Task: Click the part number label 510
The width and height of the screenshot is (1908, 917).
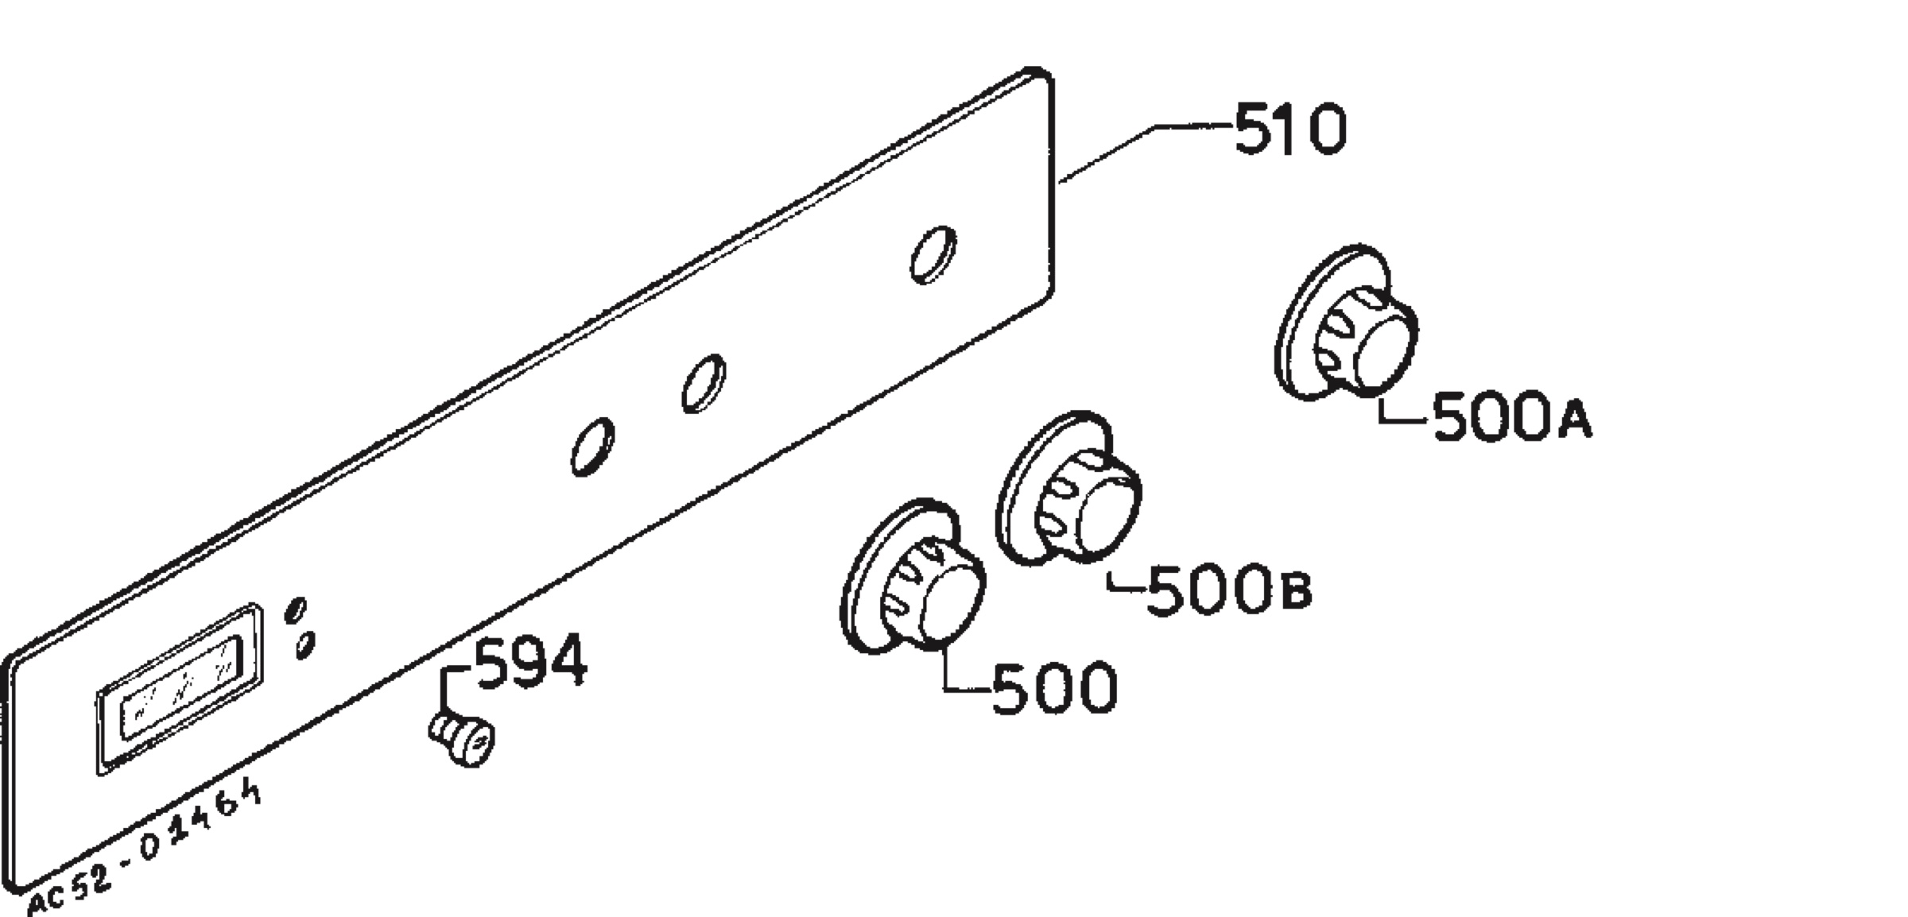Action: point(1290,128)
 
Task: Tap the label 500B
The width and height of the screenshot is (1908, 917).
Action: point(1229,589)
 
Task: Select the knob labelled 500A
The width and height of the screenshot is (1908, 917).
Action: point(1346,322)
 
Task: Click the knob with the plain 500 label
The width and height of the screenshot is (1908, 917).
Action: point(913,578)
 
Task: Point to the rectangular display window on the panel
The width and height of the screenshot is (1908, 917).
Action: point(180,688)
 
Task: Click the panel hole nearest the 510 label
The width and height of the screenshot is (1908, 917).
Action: point(933,254)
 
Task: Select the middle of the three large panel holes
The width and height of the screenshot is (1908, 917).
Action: point(704,383)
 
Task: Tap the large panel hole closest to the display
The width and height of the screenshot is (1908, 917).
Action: point(592,447)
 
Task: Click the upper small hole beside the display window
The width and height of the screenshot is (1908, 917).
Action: point(296,610)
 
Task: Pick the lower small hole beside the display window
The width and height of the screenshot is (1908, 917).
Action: point(305,644)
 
